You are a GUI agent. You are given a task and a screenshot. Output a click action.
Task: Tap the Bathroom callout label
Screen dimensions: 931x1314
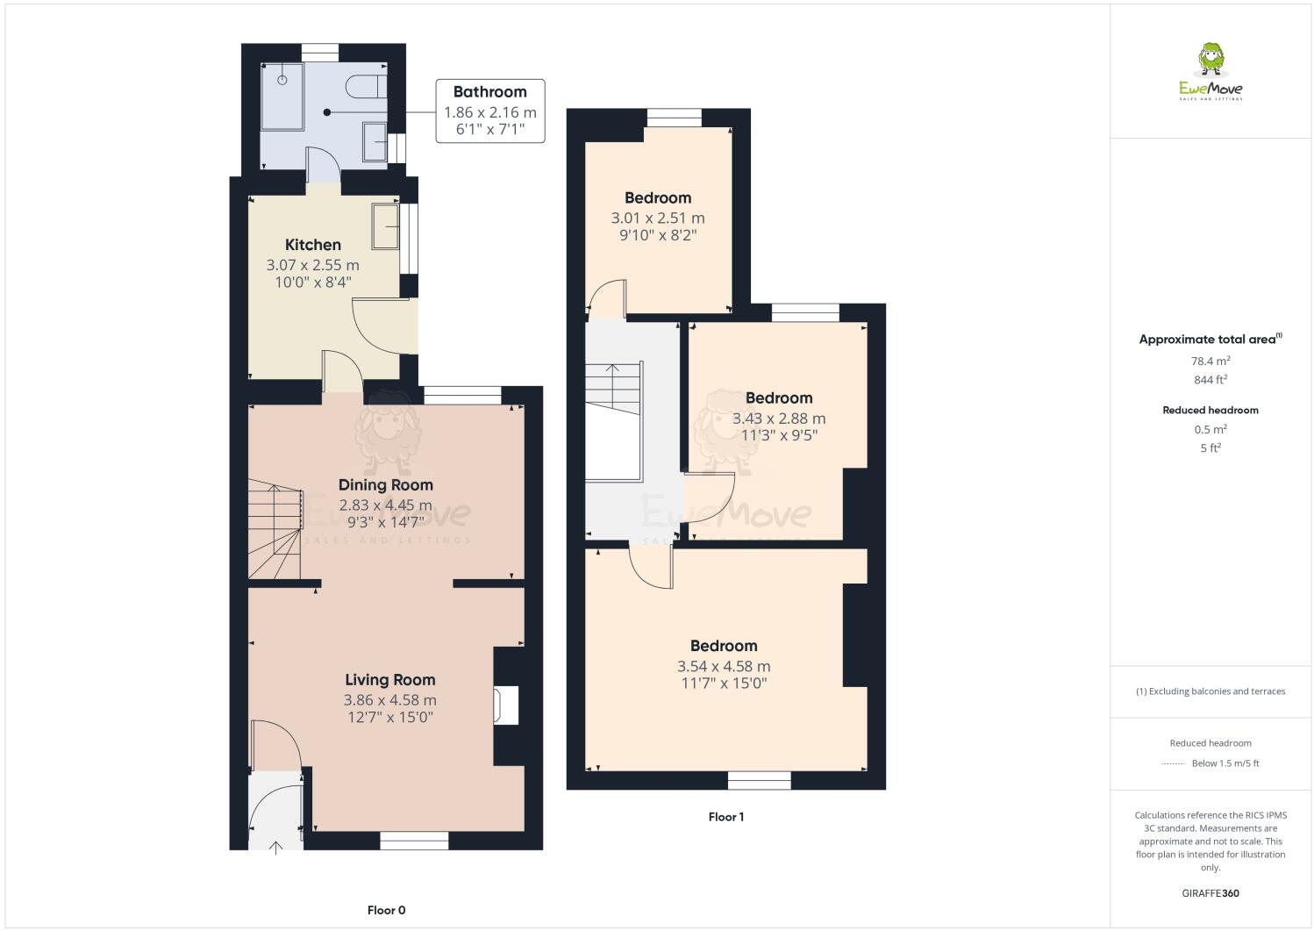point(489,92)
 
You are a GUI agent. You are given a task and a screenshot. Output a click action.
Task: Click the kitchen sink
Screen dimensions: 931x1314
point(385,226)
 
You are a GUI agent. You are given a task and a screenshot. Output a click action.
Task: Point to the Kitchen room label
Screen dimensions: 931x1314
point(313,245)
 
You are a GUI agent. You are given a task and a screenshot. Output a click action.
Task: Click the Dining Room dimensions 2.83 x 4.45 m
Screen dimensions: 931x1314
point(386,505)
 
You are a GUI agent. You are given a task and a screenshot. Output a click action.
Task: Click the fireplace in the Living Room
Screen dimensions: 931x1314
point(506,705)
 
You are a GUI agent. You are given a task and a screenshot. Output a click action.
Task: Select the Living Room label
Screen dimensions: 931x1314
point(389,679)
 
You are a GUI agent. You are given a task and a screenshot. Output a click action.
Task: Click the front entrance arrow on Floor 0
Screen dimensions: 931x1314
point(277,846)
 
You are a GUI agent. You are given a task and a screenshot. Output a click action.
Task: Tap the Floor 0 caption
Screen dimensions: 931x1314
point(386,910)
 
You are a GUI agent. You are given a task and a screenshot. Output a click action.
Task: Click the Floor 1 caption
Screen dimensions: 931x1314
point(725,817)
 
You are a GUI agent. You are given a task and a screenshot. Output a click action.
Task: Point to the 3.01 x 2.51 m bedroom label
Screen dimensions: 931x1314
point(658,218)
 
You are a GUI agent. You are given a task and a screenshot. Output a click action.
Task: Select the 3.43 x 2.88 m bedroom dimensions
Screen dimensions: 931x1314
point(779,419)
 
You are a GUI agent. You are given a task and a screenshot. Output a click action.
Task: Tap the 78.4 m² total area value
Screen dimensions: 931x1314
point(1210,361)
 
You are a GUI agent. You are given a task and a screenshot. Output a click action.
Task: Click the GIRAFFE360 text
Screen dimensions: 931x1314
point(1210,893)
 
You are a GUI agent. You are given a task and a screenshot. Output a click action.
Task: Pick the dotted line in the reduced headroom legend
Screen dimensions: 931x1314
point(1173,763)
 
